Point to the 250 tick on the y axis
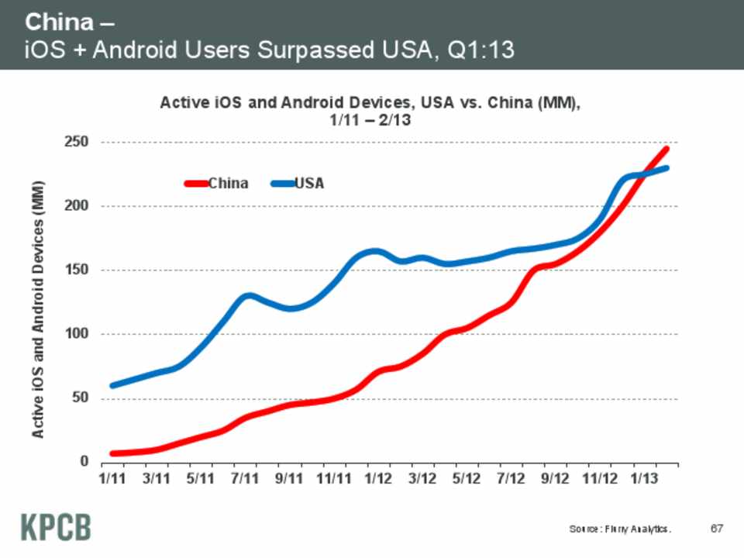point(80,143)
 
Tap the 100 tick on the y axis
point(80,334)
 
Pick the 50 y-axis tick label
point(83,398)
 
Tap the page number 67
point(716,529)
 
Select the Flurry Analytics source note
point(620,529)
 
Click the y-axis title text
point(37,310)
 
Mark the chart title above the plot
point(370,110)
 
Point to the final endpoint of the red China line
point(666,148)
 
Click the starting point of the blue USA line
point(113,385)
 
